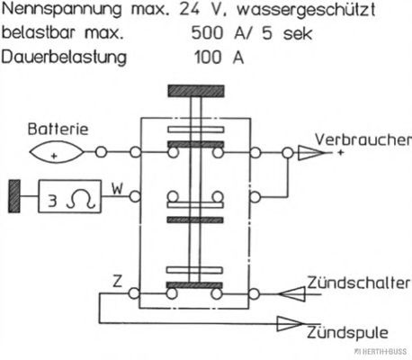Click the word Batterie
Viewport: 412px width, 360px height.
pos(58,129)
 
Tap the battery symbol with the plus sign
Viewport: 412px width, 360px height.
pos(57,152)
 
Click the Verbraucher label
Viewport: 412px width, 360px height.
pos(363,139)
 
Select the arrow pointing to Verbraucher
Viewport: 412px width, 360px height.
pos(311,153)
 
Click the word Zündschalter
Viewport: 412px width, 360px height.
pos(359,283)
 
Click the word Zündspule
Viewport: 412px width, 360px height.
pos(347,332)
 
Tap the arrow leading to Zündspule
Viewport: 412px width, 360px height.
pos(290,324)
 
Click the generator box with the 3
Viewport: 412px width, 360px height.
pos(70,196)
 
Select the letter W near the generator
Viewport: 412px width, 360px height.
pos(117,189)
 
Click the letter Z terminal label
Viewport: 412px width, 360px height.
pos(117,281)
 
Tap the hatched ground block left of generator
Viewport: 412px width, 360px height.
pos(14,196)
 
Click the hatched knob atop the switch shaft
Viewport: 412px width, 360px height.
pos(196,91)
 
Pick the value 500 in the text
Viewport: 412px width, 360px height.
pos(207,32)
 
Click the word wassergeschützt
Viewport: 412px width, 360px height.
pos(306,10)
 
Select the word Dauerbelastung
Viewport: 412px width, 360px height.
pos(64,57)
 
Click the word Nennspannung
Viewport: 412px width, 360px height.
pos(62,10)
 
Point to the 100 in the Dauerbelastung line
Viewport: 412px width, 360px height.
pos(208,57)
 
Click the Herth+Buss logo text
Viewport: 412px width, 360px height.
pos(381,351)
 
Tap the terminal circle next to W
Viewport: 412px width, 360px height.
pos(135,197)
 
